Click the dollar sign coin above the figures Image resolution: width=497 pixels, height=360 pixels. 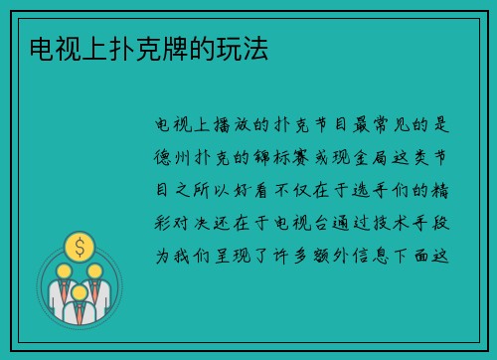coord(80,245)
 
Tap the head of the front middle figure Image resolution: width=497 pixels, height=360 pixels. coord(80,292)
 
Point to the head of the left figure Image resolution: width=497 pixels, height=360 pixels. coord(63,270)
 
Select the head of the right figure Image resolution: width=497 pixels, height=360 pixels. coord(95,270)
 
